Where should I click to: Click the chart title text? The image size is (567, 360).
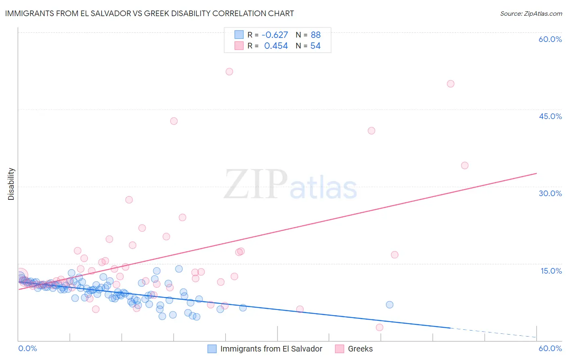click(149, 13)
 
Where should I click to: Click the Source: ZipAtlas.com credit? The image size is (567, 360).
click(531, 13)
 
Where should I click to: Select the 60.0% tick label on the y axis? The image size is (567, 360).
click(550, 39)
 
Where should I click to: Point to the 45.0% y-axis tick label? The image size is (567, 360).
click(550, 116)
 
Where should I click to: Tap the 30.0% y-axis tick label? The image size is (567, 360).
click(550, 193)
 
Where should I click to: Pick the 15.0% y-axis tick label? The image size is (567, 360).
click(551, 271)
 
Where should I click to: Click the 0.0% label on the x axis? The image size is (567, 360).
click(27, 348)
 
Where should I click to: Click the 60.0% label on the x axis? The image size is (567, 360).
click(550, 348)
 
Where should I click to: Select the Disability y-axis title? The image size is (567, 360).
click(11, 184)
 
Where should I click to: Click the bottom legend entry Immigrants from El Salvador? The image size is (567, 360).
click(271, 349)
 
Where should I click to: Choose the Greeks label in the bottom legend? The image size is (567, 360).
click(360, 349)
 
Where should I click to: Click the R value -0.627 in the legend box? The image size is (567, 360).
click(275, 35)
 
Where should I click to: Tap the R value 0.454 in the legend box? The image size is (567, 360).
click(276, 46)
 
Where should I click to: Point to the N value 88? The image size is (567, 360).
click(315, 35)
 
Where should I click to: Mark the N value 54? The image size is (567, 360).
click(315, 46)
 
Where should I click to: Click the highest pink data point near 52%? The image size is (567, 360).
click(229, 71)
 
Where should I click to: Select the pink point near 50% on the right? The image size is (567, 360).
click(450, 84)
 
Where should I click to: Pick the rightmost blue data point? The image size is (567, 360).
click(390, 305)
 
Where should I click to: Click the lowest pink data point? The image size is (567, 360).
click(379, 327)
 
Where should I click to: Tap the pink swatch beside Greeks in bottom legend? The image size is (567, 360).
click(340, 349)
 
